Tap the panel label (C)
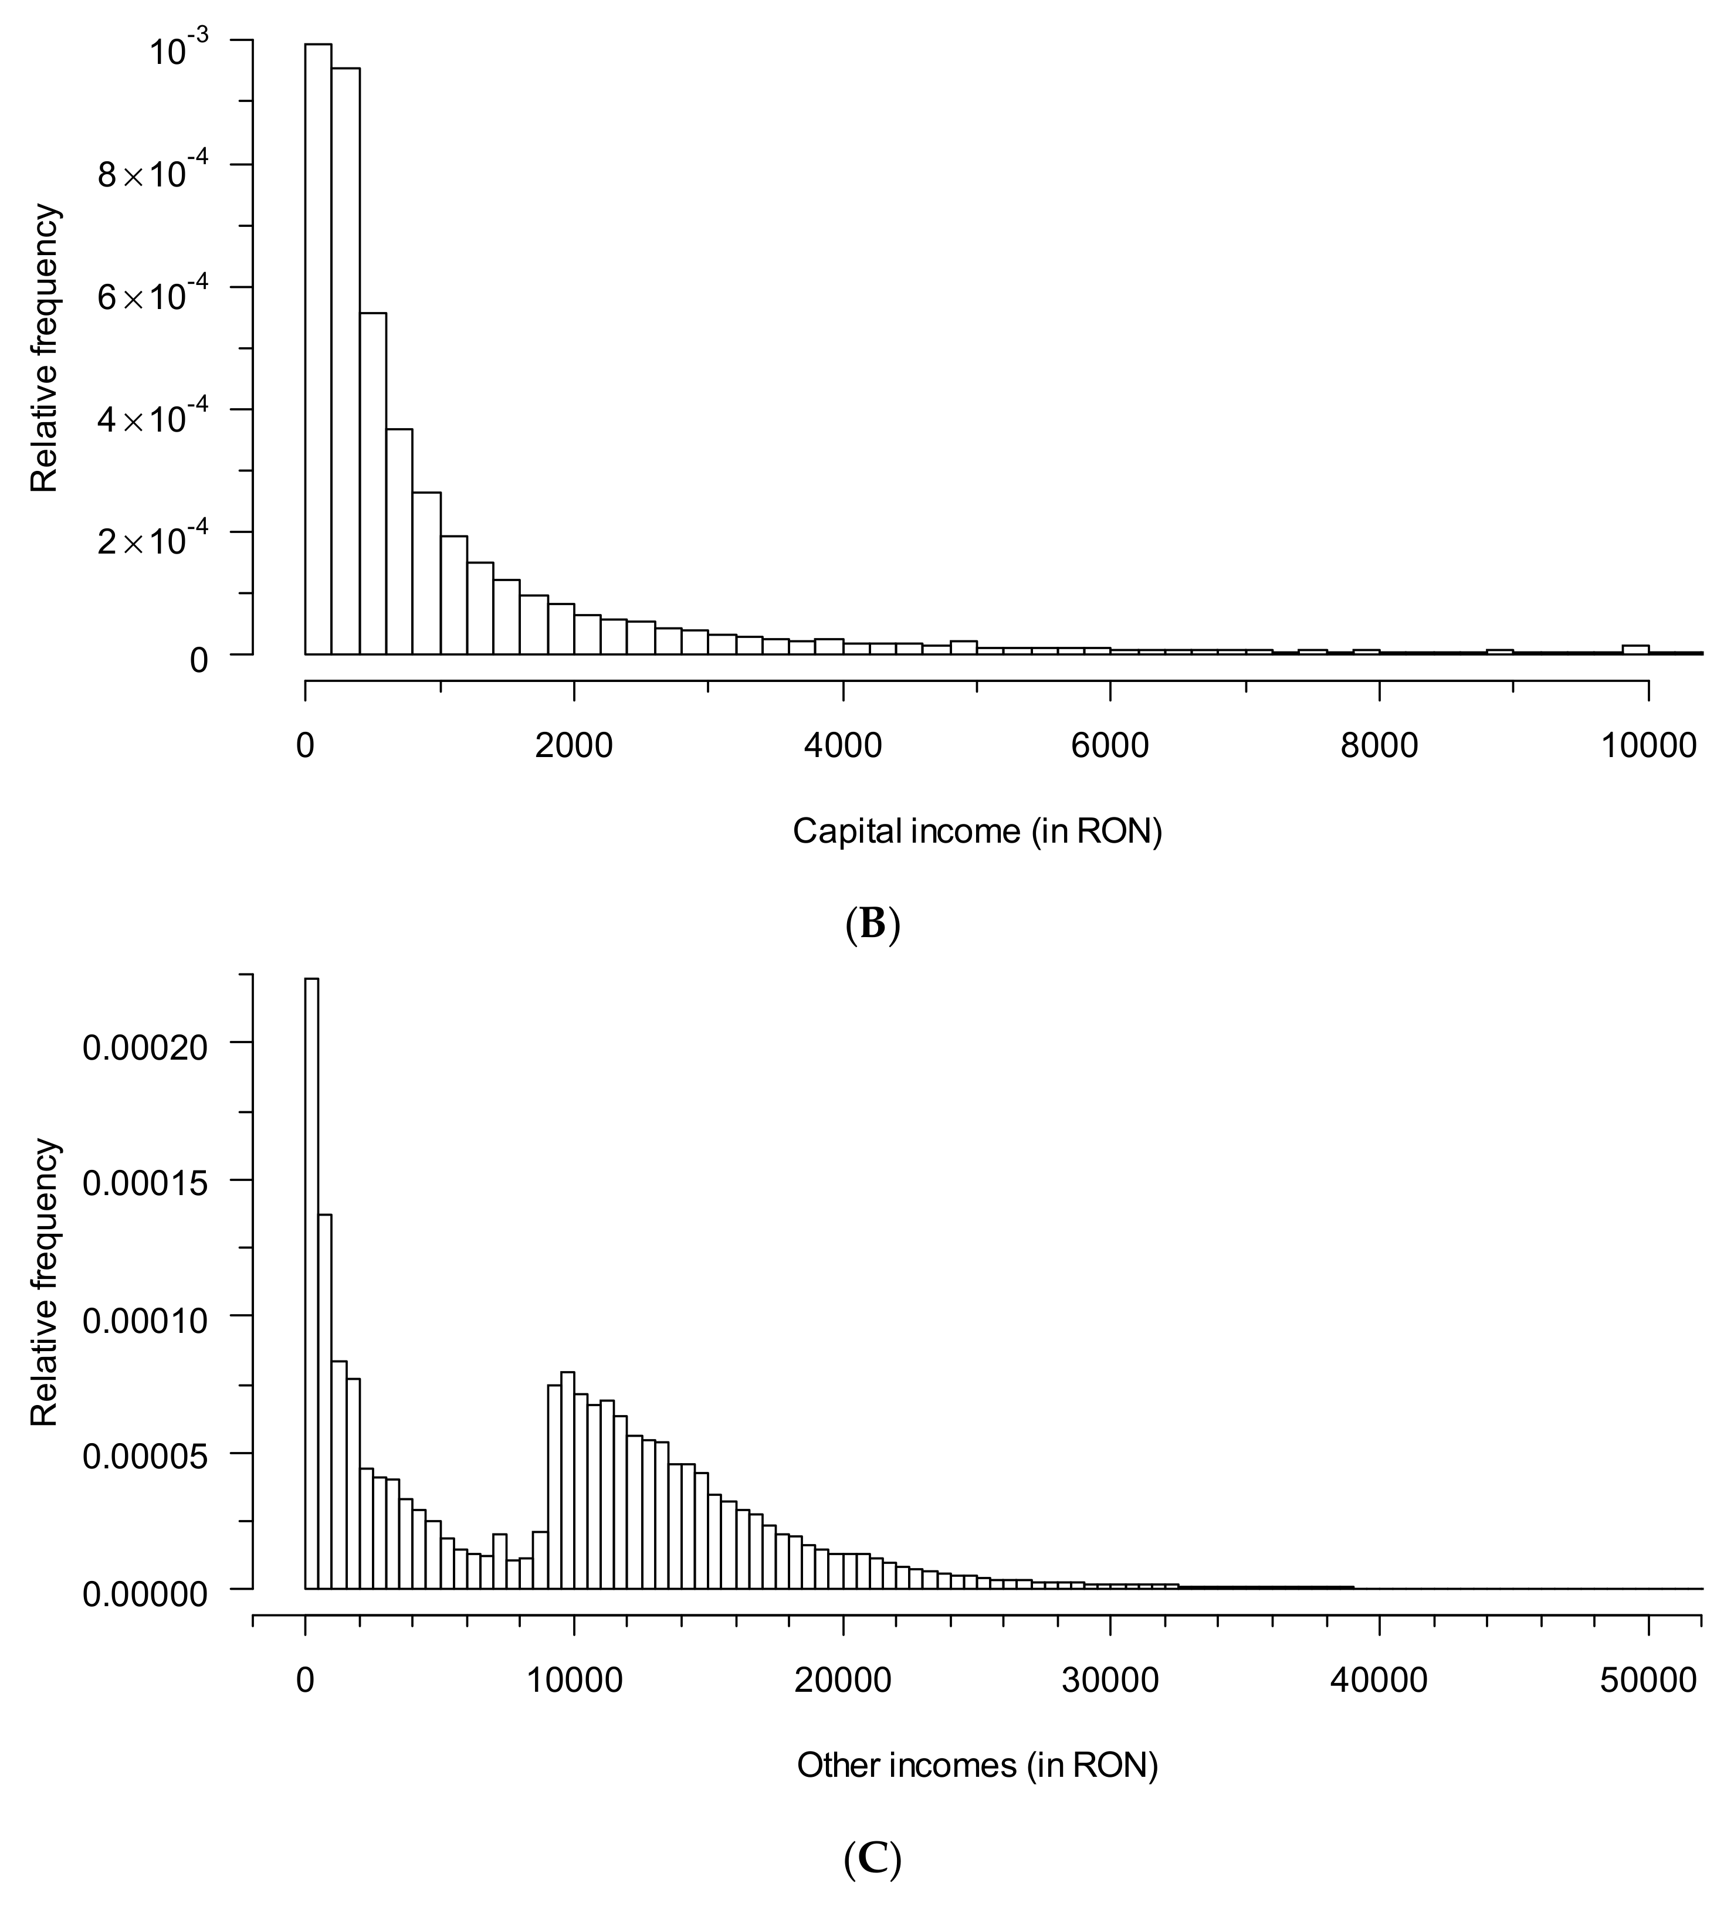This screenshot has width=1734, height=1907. tap(871, 1858)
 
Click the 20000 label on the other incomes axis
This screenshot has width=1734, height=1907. tap(841, 1679)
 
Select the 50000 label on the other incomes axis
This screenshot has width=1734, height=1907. tap(1647, 1679)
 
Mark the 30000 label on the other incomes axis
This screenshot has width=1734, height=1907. tap(1110, 1679)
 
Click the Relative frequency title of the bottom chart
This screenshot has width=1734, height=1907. tap(45, 1282)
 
